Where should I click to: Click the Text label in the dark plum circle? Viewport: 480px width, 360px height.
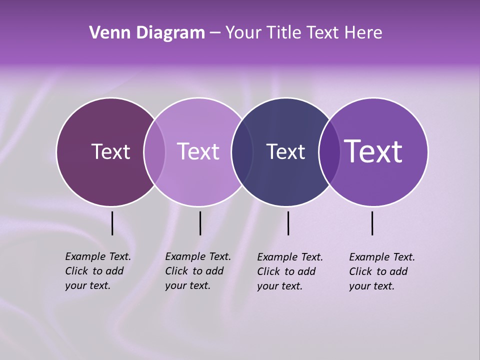click(x=110, y=151)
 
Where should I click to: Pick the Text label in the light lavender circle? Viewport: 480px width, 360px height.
click(x=198, y=151)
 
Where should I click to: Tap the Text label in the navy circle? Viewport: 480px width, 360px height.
click(x=285, y=151)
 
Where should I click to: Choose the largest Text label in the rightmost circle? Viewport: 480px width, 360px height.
click(x=373, y=151)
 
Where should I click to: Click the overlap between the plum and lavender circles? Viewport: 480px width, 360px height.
click(x=154, y=151)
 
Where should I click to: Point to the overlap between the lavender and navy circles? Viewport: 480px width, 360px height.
click(x=242, y=151)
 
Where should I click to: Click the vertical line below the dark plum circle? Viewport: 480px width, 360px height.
click(x=112, y=223)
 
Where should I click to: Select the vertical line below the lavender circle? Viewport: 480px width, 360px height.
click(x=200, y=223)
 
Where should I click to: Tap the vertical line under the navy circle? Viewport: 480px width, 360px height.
click(x=288, y=223)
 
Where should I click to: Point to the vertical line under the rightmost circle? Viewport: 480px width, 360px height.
click(x=372, y=223)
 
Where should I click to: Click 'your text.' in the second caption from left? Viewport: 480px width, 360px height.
click(x=187, y=285)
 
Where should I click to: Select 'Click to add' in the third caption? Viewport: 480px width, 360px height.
click(x=286, y=271)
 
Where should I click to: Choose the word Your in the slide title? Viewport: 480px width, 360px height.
click(x=243, y=33)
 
